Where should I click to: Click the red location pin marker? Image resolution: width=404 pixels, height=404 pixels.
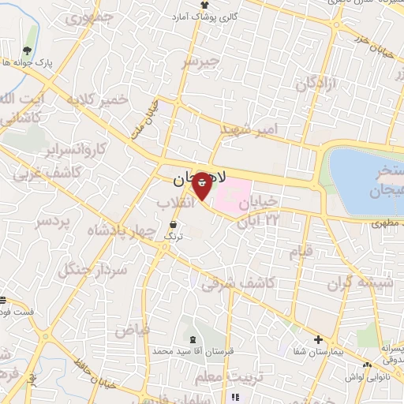click(202, 186)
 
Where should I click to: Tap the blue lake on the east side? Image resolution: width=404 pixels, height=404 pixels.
click(365, 180)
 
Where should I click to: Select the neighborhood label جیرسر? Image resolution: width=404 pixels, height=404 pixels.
click(198, 62)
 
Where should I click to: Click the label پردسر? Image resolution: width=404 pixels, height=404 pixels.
click(54, 222)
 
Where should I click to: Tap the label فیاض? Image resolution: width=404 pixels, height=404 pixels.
click(133, 331)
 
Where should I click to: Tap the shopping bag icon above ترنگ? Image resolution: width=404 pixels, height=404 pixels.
click(173, 224)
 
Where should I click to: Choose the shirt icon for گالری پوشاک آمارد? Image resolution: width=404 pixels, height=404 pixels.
click(205, 6)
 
